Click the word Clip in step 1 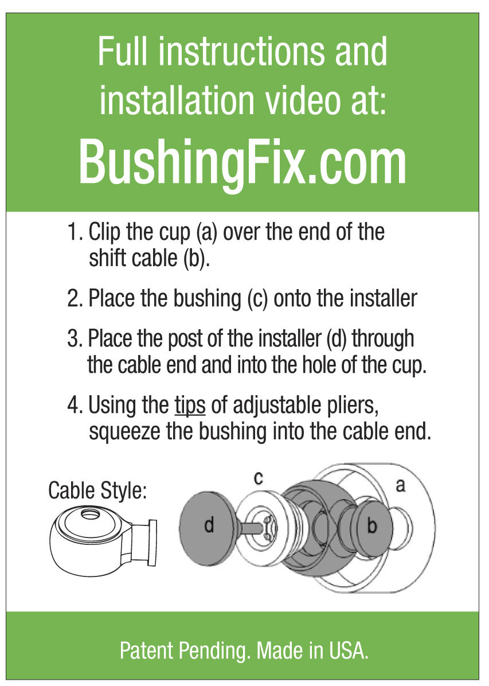[x=105, y=233]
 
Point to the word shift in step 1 [x=107, y=259]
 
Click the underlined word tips [x=190, y=406]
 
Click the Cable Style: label [x=97, y=491]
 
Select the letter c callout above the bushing [x=259, y=478]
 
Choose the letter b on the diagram [x=372, y=525]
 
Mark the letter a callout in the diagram [x=400, y=485]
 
